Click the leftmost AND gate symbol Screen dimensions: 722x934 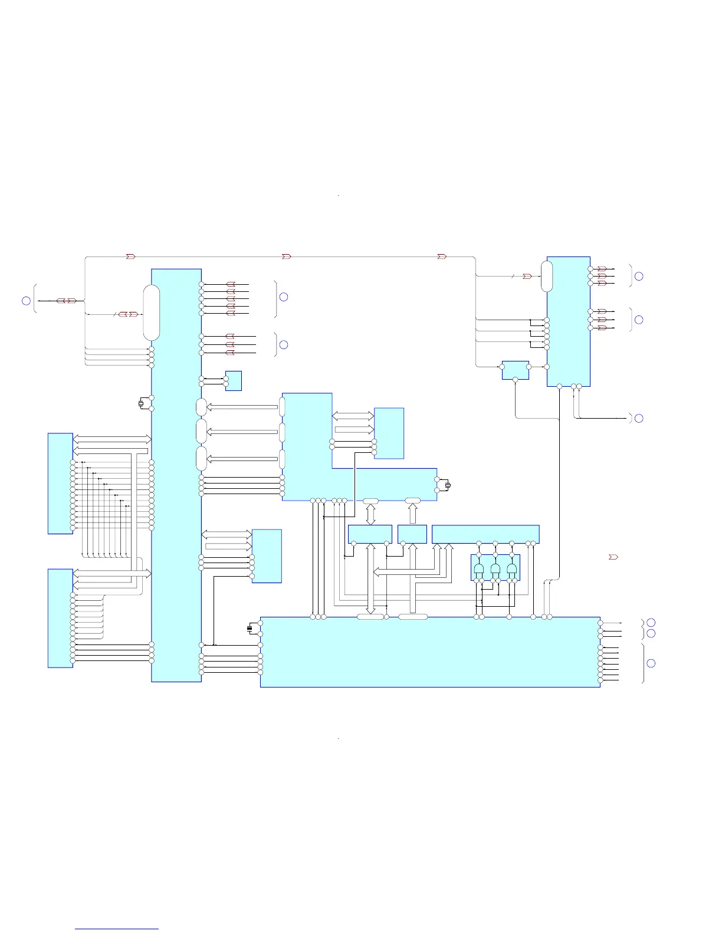(x=479, y=570)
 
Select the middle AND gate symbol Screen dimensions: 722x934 (x=495, y=570)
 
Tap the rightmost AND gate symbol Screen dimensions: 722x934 (x=511, y=570)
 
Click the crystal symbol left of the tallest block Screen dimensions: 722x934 (x=141, y=403)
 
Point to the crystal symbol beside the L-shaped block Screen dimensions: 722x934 (x=448, y=485)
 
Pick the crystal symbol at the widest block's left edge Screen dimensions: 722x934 (x=250, y=629)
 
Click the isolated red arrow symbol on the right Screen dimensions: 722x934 (x=613, y=557)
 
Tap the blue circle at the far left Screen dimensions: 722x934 (x=26, y=301)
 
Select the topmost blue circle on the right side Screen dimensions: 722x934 (x=638, y=276)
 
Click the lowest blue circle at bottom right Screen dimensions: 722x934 (x=651, y=663)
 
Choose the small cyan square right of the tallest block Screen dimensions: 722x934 (x=233, y=381)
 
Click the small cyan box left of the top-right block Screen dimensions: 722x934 (x=515, y=370)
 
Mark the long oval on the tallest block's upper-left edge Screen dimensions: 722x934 (x=152, y=313)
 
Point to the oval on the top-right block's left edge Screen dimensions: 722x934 (x=547, y=276)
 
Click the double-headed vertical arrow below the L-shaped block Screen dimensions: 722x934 (x=370, y=514)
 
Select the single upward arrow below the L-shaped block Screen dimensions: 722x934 (x=413, y=514)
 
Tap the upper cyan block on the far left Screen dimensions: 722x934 (x=60, y=484)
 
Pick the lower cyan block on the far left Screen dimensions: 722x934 (x=60, y=618)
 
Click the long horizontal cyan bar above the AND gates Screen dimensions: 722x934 (x=485, y=534)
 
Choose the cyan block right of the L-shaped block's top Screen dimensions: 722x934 (x=389, y=433)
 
